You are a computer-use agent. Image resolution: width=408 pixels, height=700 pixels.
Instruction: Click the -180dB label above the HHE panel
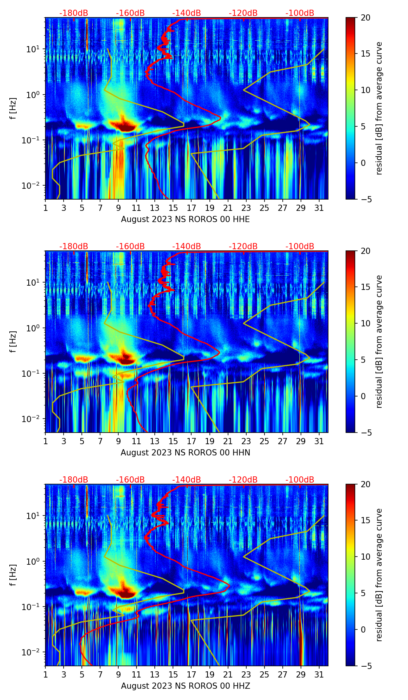point(73,14)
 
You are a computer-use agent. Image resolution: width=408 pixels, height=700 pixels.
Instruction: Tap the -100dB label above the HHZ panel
point(300,480)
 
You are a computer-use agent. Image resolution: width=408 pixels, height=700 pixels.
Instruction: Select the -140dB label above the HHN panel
point(187,247)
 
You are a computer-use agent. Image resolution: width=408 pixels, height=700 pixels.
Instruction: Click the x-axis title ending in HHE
point(185,219)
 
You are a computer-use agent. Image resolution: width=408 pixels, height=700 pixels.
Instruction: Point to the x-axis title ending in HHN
point(185,453)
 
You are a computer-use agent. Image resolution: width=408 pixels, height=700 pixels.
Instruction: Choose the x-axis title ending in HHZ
point(185,686)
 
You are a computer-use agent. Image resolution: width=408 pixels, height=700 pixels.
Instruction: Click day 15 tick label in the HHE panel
point(173,208)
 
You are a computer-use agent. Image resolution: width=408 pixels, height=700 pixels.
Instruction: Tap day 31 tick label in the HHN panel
point(319,441)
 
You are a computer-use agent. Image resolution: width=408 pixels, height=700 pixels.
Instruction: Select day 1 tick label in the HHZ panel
point(45,674)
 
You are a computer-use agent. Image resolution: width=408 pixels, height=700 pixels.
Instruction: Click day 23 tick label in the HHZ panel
point(246,674)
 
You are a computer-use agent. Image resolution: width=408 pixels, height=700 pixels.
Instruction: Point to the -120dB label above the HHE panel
point(243,14)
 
